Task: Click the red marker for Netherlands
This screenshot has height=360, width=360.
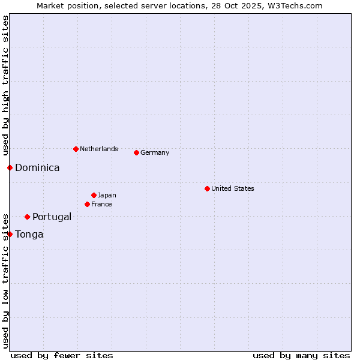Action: pyautogui.click(x=76, y=149)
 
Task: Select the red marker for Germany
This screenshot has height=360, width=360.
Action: pyautogui.click(x=136, y=152)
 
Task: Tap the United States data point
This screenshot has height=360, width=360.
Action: pyautogui.click(x=207, y=188)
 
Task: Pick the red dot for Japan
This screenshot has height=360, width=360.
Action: pyautogui.click(x=94, y=195)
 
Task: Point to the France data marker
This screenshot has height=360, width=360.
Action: pyautogui.click(x=87, y=204)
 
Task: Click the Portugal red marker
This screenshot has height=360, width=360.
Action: pyautogui.click(x=27, y=217)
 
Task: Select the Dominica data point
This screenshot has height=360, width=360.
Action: pyautogui.click(x=10, y=167)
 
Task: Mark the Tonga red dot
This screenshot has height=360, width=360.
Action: pyautogui.click(x=10, y=234)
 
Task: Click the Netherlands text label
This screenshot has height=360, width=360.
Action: pyautogui.click(x=99, y=149)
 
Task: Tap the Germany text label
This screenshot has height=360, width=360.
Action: pyautogui.click(x=155, y=152)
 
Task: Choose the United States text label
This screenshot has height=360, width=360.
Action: pyautogui.click(x=233, y=188)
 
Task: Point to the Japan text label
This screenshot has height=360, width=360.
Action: pyautogui.click(x=107, y=195)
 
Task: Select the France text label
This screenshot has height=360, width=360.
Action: pyautogui.click(x=101, y=204)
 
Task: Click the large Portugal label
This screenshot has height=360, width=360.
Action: pyautogui.click(x=52, y=217)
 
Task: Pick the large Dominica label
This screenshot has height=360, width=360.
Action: pyautogui.click(x=37, y=167)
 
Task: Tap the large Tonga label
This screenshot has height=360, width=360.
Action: pyautogui.click(x=29, y=234)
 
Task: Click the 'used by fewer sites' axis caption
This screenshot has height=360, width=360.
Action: pyautogui.click(x=62, y=355)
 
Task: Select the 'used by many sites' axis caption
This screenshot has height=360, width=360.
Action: pyautogui.click(x=301, y=355)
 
